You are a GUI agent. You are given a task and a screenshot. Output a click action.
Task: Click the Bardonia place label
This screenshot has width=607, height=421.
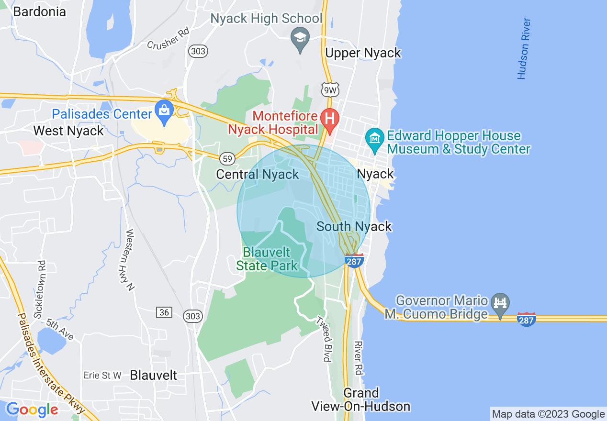(x=39, y=11)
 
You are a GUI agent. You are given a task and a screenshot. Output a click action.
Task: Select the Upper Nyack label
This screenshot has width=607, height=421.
(x=363, y=53)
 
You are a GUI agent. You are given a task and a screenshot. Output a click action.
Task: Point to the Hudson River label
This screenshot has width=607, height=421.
(x=524, y=49)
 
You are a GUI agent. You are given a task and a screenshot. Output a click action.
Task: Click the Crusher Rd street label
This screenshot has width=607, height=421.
(x=168, y=39)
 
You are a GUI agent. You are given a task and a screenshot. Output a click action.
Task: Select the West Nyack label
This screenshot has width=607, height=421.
(x=68, y=131)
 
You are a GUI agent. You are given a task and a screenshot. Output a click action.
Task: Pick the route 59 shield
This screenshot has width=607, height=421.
(x=227, y=158)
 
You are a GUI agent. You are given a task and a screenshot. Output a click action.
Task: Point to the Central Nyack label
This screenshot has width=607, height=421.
(x=258, y=174)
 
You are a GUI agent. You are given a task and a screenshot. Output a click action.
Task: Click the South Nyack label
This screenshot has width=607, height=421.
(x=354, y=226)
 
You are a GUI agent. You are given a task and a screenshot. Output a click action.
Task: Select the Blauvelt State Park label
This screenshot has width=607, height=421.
(x=270, y=258)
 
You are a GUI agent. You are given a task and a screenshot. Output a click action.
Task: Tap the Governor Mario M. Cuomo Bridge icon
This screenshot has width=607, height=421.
(x=501, y=303)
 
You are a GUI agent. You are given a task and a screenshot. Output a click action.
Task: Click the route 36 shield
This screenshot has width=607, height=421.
(x=164, y=312)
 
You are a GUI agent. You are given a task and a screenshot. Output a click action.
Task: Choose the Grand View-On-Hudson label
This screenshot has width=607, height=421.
(x=361, y=400)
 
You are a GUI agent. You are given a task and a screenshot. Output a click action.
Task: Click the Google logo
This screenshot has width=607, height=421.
(x=32, y=410)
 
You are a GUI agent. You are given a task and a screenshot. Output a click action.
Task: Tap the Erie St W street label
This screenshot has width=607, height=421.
(x=102, y=376)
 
